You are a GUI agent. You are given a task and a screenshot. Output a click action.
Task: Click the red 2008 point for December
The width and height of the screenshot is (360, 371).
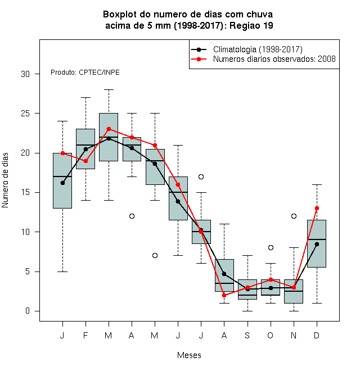click(x=317, y=208)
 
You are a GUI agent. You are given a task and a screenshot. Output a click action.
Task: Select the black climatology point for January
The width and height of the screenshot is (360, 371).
click(x=62, y=183)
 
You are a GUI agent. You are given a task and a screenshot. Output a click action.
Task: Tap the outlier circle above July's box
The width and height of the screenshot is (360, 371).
click(x=201, y=177)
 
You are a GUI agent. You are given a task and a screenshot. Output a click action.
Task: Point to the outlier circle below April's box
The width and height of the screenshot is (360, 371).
click(x=132, y=216)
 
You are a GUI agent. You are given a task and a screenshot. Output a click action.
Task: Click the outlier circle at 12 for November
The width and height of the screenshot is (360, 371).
click(x=294, y=216)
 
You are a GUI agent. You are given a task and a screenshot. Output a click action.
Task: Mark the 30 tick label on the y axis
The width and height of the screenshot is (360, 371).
click(x=25, y=74)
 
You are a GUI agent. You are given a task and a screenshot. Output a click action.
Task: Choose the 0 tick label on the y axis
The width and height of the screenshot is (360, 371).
click(x=28, y=311)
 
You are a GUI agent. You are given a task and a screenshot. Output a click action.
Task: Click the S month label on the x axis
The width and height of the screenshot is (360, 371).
click(x=247, y=335)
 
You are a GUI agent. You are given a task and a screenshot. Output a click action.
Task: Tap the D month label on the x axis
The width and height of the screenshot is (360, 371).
click(x=317, y=335)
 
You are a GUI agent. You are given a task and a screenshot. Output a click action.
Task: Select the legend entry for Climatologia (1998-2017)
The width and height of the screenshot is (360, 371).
click(x=246, y=49)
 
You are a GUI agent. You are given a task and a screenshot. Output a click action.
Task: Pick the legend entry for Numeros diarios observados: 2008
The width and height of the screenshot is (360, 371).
click(x=263, y=59)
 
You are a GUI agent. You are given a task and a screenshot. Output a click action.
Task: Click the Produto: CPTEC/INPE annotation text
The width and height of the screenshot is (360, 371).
click(x=85, y=73)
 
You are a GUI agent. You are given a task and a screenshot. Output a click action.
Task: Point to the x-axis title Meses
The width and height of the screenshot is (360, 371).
click(x=189, y=355)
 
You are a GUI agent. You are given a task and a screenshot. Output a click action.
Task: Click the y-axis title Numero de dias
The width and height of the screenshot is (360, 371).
click(x=5, y=180)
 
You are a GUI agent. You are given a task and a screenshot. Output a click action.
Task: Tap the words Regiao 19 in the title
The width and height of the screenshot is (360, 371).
click(x=251, y=25)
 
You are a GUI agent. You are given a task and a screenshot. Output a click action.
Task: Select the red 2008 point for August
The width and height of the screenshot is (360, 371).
click(x=224, y=295)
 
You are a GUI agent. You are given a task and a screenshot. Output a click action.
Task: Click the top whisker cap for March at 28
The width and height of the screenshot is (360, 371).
click(x=109, y=90)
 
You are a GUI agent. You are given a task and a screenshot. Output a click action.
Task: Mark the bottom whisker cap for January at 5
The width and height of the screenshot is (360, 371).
click(x=62, y=272)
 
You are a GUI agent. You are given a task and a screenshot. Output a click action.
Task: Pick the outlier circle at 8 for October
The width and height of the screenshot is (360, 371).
click(x=271, y=247)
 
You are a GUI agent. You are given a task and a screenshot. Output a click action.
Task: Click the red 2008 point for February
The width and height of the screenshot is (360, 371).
click(x=85, y=161)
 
